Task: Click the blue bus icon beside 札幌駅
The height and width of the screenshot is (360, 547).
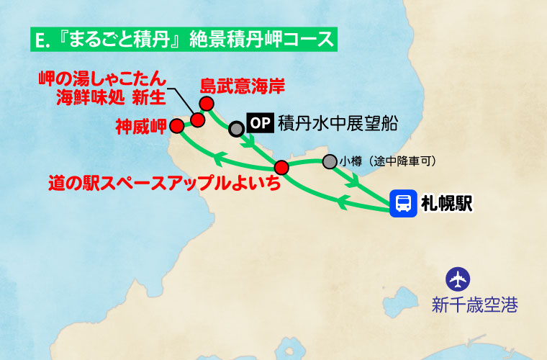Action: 403,203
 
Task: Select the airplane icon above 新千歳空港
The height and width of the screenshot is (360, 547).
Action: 458,278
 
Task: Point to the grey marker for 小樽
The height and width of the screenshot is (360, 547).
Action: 329,161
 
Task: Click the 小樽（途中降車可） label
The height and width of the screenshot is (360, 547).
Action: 388,161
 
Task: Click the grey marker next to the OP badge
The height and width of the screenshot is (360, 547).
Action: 236,129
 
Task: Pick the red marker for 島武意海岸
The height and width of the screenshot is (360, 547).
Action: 207,104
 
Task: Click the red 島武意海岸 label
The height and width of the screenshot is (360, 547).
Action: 242,86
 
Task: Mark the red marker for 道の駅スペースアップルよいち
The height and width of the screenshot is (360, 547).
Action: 281,168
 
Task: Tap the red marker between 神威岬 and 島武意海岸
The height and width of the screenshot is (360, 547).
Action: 197,120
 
